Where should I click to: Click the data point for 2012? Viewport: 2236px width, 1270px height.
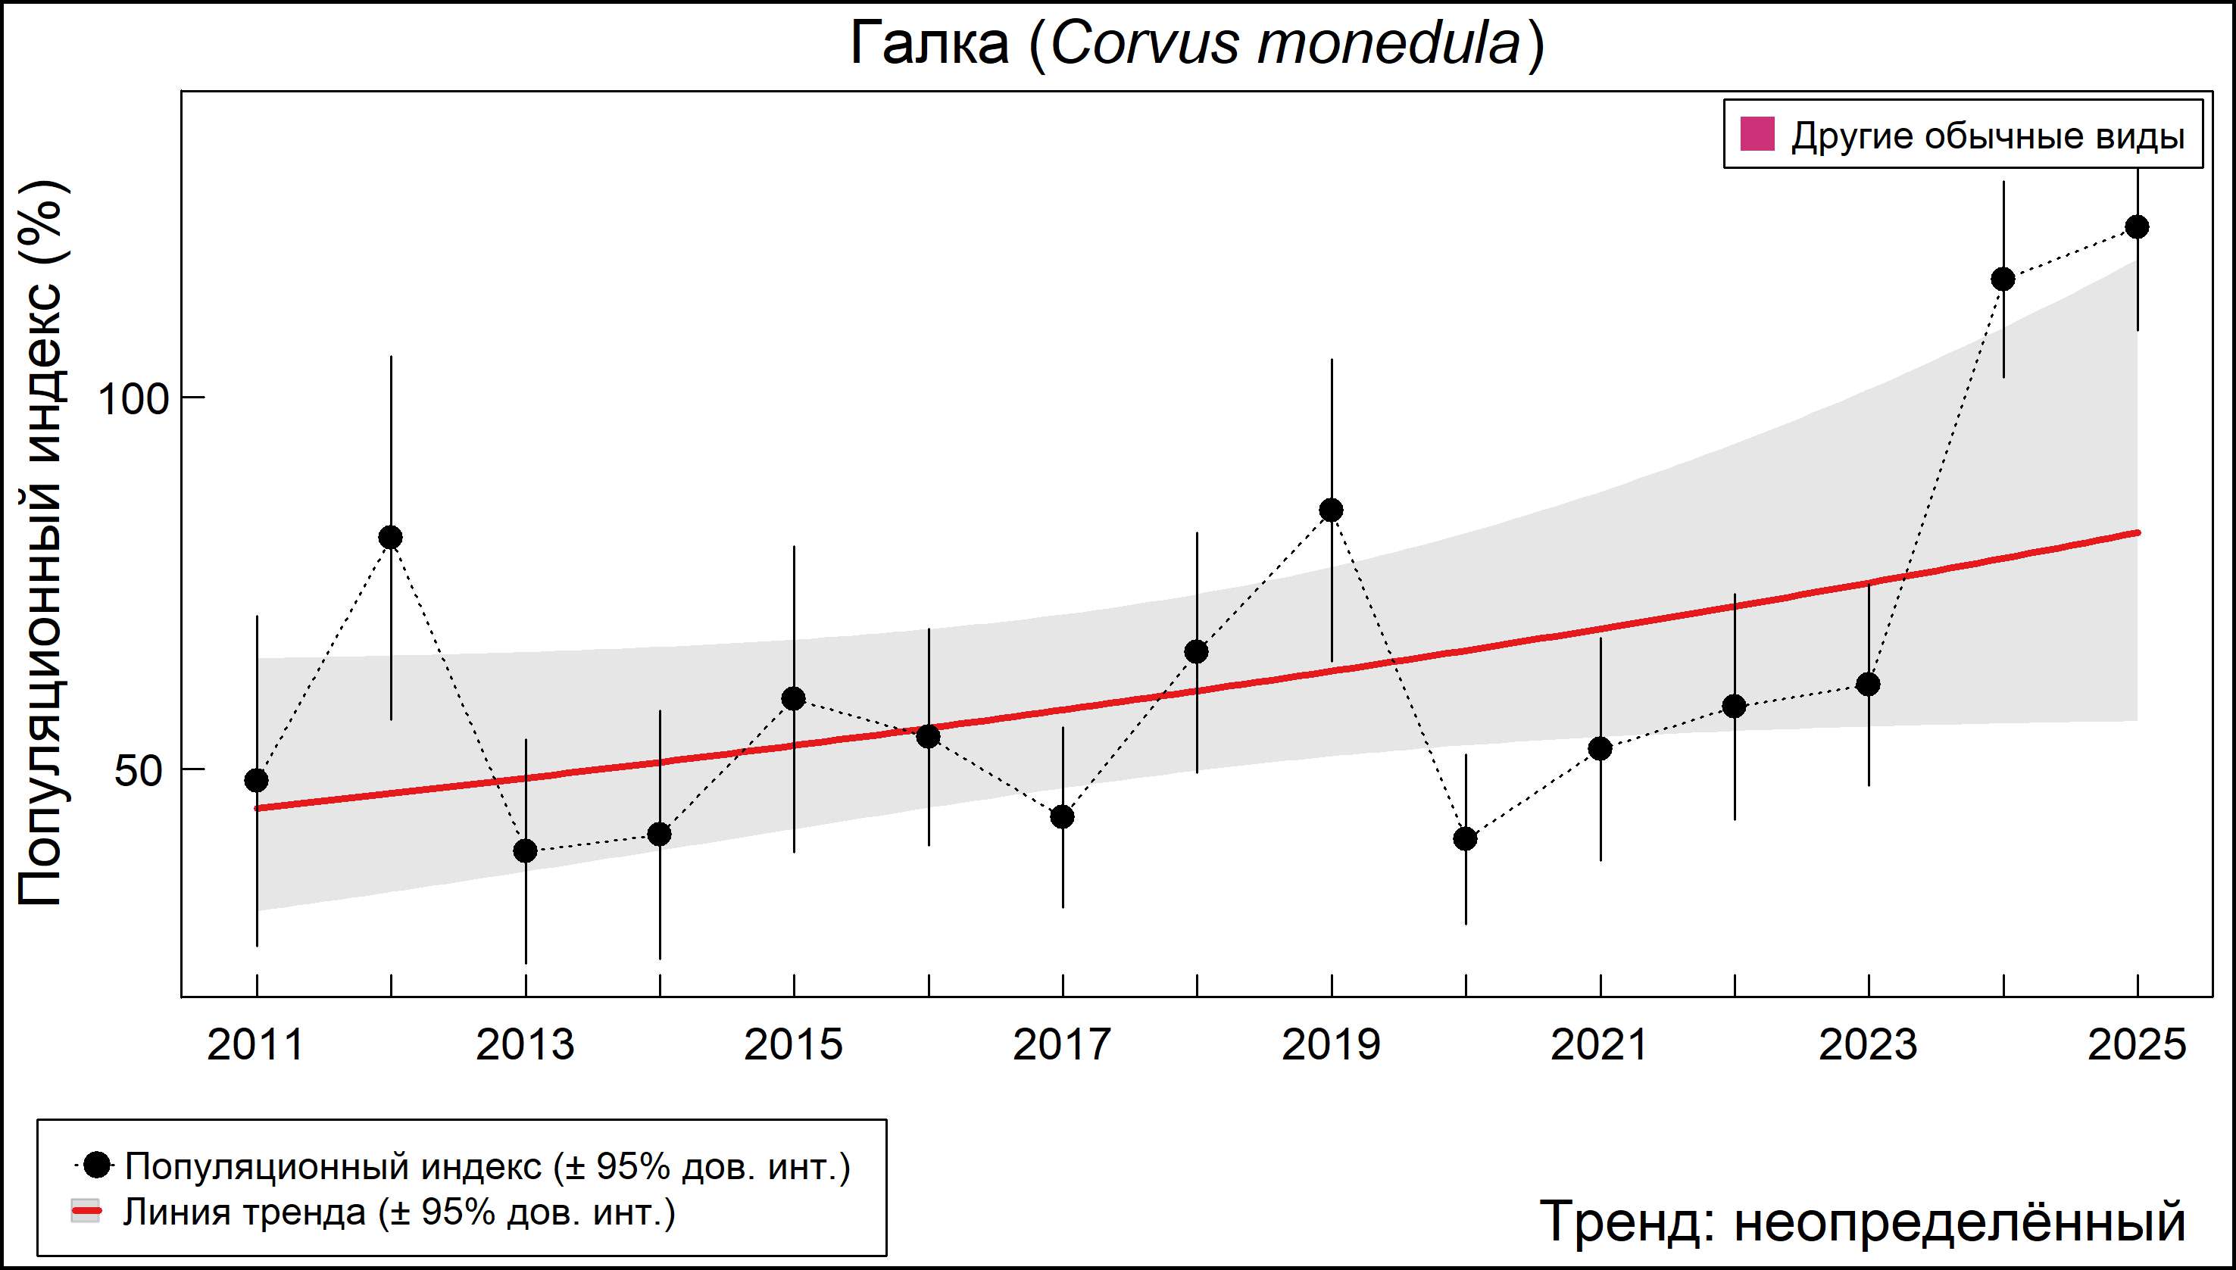tap(391, 538)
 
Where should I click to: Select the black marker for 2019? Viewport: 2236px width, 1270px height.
tap(1332, 510)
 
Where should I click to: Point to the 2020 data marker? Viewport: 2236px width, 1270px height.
tap(1466, 839)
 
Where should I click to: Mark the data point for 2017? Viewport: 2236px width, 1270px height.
tap(1063, 817)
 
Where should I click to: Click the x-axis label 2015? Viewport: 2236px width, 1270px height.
tap(793, 1045)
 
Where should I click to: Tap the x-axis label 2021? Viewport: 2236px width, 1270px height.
tap(1599, 1045)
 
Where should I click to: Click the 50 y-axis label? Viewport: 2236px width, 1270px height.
tap(139, 771)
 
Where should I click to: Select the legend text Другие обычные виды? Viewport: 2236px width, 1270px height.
tap(1988, 136)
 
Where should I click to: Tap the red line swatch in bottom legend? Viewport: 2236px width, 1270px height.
tap(86, 1212)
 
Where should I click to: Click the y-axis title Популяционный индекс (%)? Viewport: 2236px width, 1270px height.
tap(42, 542)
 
